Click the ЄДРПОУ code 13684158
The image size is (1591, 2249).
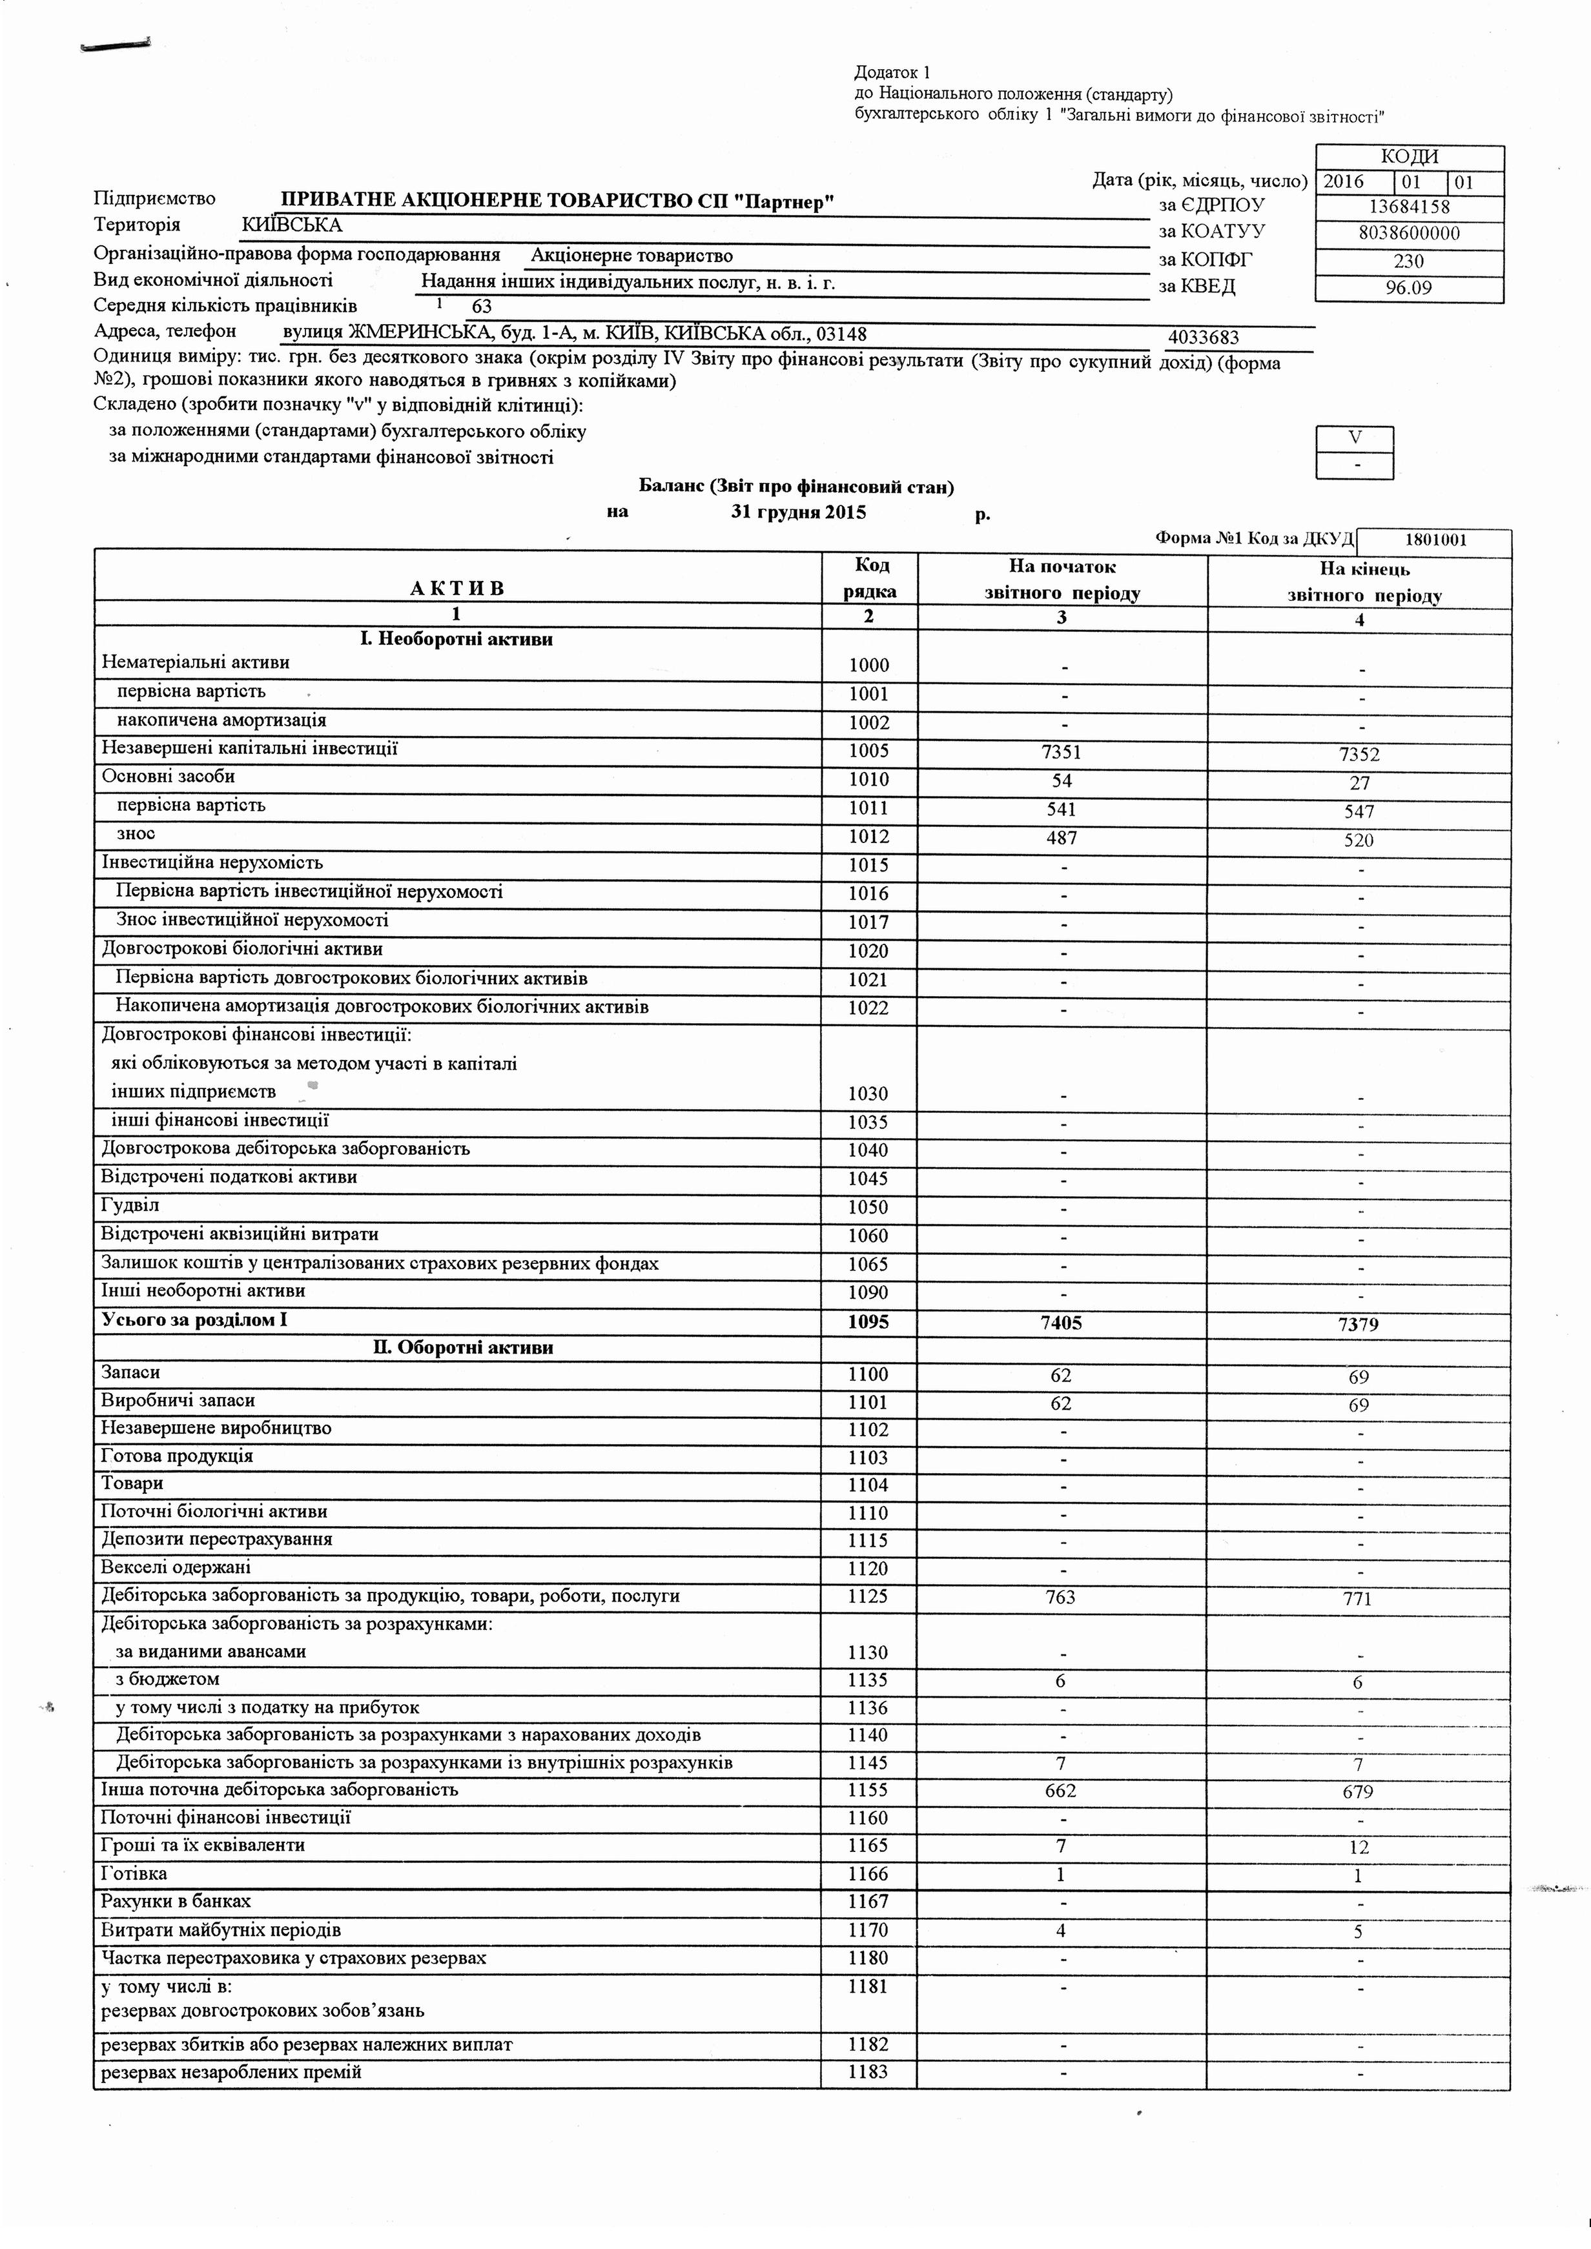click(1409, 207)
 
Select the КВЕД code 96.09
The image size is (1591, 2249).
click(1409, 288)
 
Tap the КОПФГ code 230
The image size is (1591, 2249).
click(1409, 261)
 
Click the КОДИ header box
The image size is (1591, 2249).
click(1409, 157)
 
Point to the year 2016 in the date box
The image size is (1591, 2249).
click(1342, 182)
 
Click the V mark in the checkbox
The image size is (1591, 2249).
click(1355, 438)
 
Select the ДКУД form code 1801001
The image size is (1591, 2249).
click(1435, 540)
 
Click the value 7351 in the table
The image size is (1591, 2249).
click(1061, 752)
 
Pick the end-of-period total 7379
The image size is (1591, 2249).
click(1359, 1325)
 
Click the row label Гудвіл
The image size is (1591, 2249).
click(130, 1205)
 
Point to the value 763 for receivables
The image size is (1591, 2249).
click(1061, 1596)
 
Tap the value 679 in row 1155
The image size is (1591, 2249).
click(1359, 1791)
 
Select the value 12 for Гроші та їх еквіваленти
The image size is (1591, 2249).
click(1359, 1847)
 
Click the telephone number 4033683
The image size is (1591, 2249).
click(1203, 338)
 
